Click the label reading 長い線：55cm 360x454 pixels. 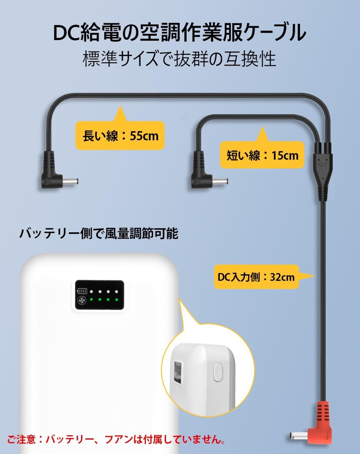tap(120, 136)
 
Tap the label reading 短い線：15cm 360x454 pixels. tap(262, 155)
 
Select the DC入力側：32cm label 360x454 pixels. tap(256, 277)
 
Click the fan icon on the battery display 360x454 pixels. tap(82, 301)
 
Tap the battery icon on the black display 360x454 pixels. tap(82, 291)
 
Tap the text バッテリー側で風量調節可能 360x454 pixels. tap(98, 233)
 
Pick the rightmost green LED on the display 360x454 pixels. tap(117, 300)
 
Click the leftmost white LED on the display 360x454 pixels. tap(91, 291)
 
